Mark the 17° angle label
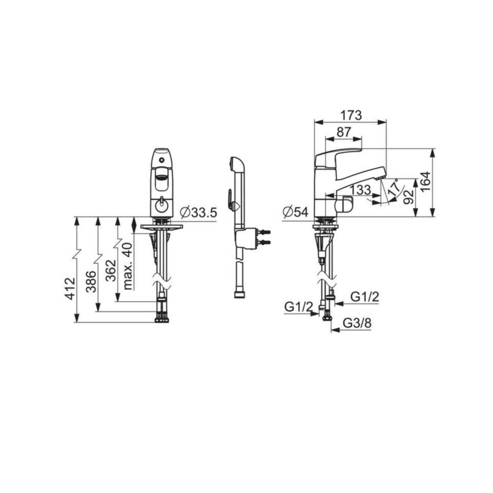[395, 188]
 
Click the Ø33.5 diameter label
[199, 213]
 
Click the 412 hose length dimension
[70, 289]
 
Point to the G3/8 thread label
[357, 323]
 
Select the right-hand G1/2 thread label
[365, 297]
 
